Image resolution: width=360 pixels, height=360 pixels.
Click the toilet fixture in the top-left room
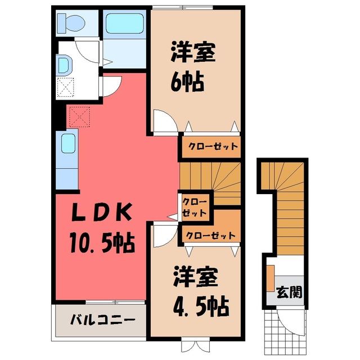coord(71,23)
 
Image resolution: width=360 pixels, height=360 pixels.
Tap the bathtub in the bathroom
coord(125,24)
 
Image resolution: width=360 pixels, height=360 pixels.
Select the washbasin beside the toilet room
coord(65,65)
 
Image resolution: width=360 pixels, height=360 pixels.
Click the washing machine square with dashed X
coord(65,87)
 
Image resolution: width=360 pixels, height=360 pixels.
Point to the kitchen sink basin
coord(68,143)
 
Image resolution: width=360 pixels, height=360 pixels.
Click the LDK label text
coord(102,213)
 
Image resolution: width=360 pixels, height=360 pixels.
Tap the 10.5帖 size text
coord(102,242)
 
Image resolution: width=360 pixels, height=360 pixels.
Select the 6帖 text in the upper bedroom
coord(187,82)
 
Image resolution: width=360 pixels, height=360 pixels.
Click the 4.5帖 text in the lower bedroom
coord(201,307)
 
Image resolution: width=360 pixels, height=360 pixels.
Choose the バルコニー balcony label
coord(102,320)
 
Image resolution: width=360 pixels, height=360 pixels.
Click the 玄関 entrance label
coord(289,292)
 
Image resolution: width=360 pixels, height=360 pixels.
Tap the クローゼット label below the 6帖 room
coord(213,146)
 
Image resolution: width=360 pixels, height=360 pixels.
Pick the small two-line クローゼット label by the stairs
coord(195,208)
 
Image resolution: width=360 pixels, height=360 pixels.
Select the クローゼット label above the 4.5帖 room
coord(210,236)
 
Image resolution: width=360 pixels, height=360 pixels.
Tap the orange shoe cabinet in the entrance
coord(271,278)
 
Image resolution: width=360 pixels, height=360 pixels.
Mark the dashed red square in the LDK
coord(79,116)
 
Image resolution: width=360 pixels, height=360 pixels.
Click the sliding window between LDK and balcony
coord(115,302)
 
